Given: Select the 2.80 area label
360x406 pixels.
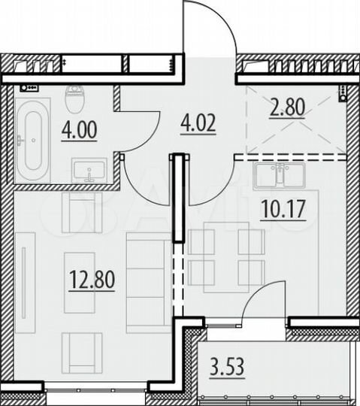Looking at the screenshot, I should point(286,108).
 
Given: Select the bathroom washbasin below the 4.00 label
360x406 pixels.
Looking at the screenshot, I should point(90,170).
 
